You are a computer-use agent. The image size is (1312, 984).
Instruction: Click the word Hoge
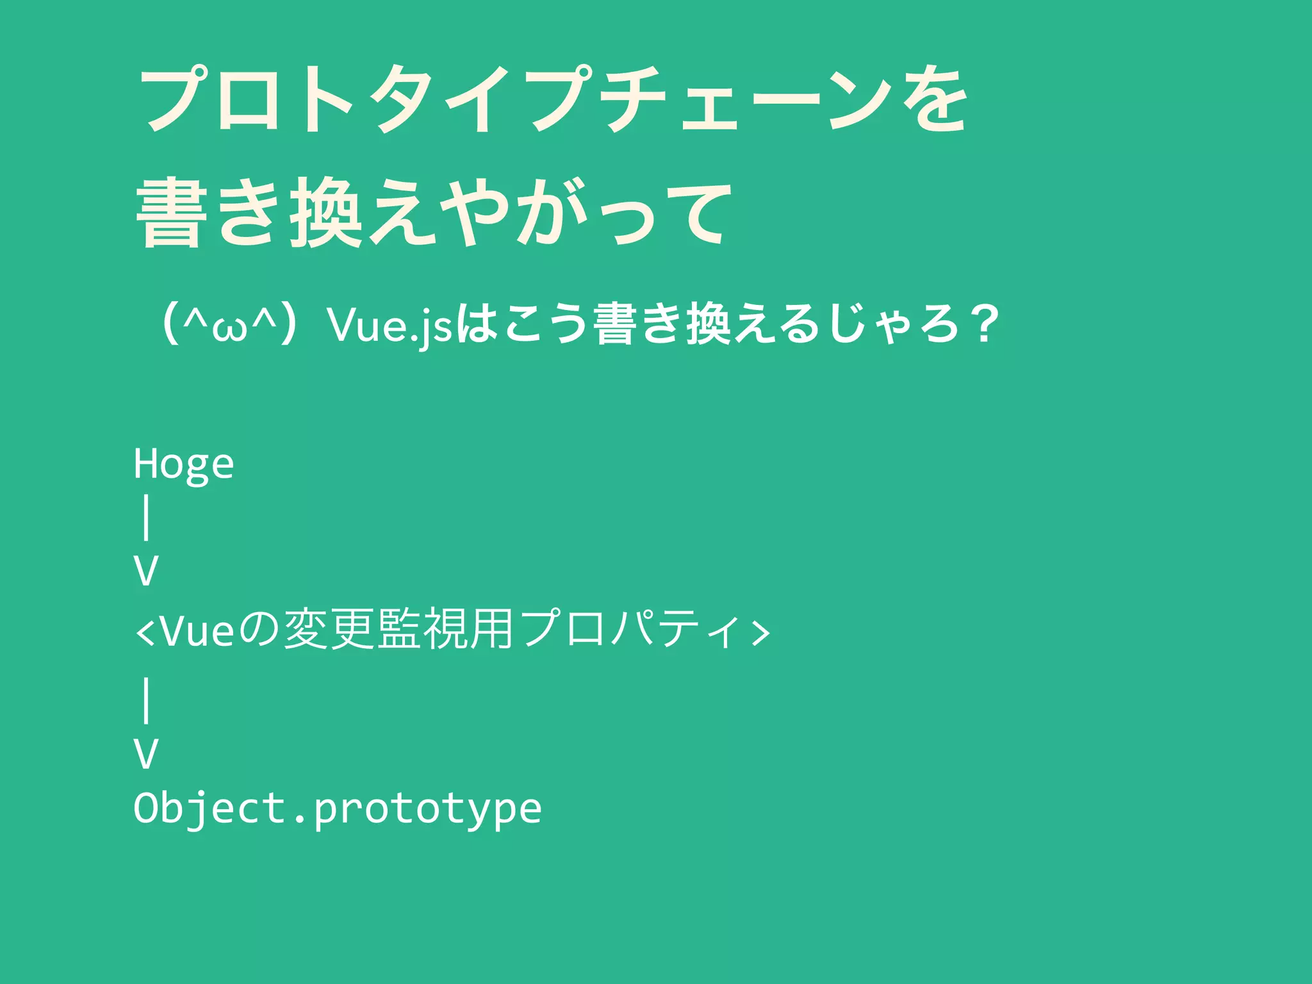click(184, 464)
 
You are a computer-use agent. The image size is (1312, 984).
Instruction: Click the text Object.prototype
click(338, 808)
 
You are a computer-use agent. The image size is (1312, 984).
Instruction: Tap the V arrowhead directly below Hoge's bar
click(146, 571)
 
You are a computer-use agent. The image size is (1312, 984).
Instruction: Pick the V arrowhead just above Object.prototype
click(146, 753)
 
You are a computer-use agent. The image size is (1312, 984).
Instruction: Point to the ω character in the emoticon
click(230, 329)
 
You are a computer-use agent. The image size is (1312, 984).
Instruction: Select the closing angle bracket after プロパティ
click(760, 632)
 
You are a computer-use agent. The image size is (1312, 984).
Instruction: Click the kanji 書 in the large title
click(172, 213)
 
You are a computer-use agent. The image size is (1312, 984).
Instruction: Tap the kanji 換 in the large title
click(327, 213)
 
